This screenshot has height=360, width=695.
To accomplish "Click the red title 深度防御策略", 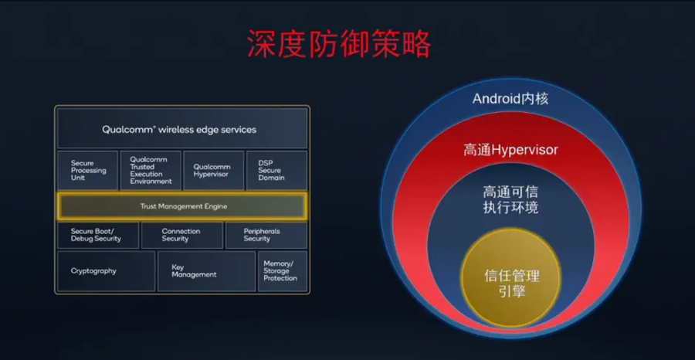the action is tap(339, 44).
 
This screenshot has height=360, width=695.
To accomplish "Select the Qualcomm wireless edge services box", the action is tap(182, 128).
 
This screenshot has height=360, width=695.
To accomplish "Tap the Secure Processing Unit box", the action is tap(88, 171).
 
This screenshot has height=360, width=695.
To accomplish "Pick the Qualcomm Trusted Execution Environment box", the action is tap(151, 171).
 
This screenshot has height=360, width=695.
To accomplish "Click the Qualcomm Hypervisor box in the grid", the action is tap(214, 171).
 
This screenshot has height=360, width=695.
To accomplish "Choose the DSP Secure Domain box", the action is tap(276, 171).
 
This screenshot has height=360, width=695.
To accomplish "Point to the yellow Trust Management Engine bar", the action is tap(182, 206).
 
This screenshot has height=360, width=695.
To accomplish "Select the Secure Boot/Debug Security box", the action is tap(98, 235).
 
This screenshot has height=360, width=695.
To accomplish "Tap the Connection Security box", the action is tap(181, 235).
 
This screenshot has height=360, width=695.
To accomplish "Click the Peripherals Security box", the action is tap(266, 235).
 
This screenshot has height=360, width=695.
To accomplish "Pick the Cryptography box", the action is tap(107, 271).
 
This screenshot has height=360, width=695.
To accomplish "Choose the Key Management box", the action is tap(206, 271).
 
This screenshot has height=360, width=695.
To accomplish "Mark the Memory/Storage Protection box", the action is tap(283, 271).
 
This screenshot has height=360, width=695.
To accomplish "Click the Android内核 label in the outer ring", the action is tap(510, 98).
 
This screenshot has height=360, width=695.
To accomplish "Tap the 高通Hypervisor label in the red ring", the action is tap(510, 150).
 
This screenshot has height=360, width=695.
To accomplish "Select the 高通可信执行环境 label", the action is tap(510, 199).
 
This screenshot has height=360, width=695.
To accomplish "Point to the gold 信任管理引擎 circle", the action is tap(511, 278).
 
